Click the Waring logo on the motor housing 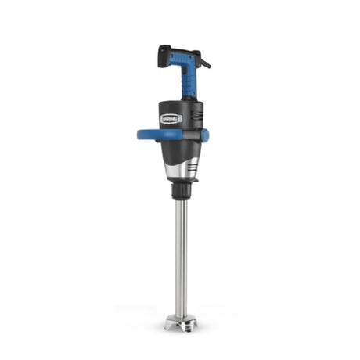pyautogui.click(x=171, y=118)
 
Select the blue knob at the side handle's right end pyautogui.click(x=204, y=135)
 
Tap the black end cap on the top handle pyautogui.click(x=164, y=56)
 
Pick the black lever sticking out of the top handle pyautogui.click(x=205, y=62)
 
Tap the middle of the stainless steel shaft pyautogui.click(x=181, y=258)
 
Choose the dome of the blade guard pyautogui.click(x=181, y=318)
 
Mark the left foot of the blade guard pyautogui.click(x=168, y=326)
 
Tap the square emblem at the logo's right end pyautogui.click(x=178, y=118)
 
